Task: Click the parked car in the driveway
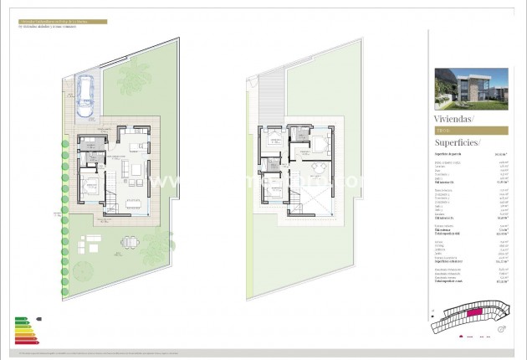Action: tap(85, 95)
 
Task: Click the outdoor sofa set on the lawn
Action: tap(87, 244)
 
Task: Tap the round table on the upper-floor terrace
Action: tap(316, 171)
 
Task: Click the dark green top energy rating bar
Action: tap(22, 319)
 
